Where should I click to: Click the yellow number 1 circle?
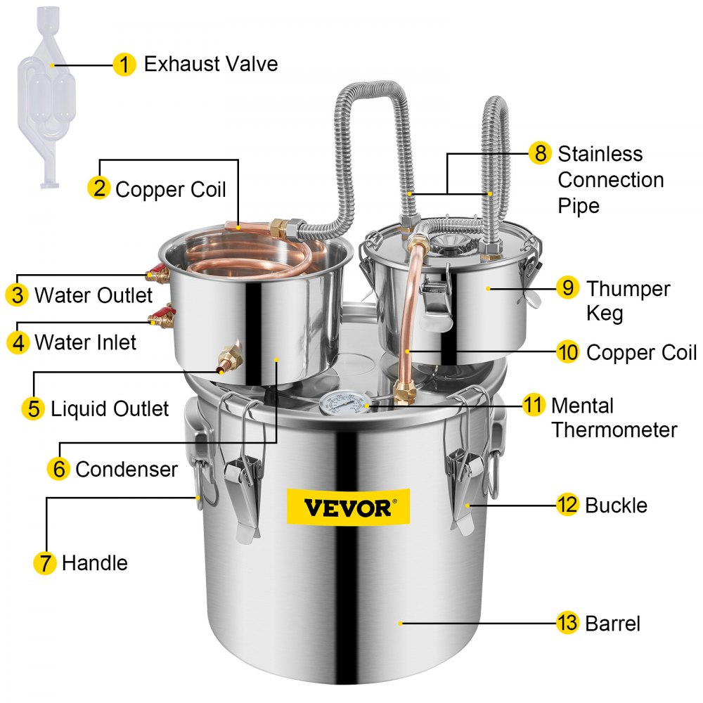click(124, 65)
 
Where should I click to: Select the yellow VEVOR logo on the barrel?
click(347, 507)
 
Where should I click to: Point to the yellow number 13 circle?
click(567, 623)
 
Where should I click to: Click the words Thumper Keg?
click(628, 300)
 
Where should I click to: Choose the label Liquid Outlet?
click(110, 408)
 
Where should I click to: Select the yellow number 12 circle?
click(567, 505)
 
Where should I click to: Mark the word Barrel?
click(613, 623)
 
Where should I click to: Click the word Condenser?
click(127, 469)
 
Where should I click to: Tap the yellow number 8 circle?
click(539, 153)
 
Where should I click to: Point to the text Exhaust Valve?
click(211, 65)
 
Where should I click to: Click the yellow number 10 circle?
click(567, 351)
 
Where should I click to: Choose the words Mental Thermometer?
click(614, 418)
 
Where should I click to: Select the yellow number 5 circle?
click(33, 408)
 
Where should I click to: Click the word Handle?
click(95, 562)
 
